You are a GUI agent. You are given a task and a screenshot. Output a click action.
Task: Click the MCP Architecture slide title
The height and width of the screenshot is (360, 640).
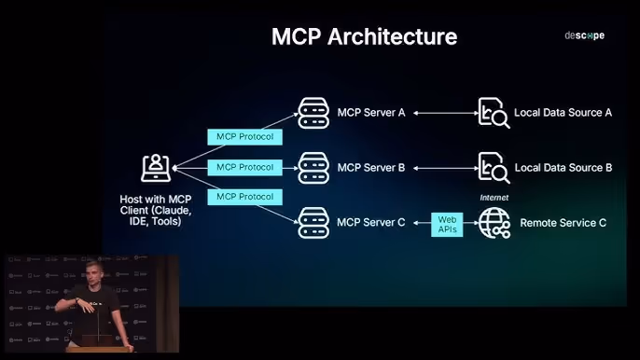tap(364, 36)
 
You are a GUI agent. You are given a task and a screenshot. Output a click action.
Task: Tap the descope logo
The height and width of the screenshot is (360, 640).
tap(584, 35)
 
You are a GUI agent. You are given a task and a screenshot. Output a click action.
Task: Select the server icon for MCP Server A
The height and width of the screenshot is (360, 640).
tap(313, 113)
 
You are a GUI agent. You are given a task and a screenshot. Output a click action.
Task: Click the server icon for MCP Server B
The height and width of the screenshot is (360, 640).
tap(313, 168)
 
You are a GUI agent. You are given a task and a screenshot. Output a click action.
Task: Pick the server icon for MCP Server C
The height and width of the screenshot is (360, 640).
tap(313, 223)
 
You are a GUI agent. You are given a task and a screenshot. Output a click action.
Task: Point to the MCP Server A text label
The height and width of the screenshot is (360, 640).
tap(371, 113)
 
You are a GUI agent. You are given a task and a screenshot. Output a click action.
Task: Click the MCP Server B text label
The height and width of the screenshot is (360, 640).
tap(371, 168)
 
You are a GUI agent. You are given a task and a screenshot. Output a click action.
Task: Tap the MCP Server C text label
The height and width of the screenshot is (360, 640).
tap(371, 223)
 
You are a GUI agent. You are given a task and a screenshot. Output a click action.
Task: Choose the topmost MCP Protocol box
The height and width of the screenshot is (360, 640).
tap(244, 137)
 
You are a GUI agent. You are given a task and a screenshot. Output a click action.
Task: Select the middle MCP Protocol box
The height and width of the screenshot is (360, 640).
tap(244, 167)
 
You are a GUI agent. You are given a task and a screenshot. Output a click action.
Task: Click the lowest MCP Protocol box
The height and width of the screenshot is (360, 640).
tap(244, 197)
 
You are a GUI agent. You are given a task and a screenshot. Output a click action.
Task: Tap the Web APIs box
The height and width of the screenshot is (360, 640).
tap(447, 225)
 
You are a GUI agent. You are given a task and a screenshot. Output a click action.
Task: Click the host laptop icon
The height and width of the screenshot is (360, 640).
tap(156, 168)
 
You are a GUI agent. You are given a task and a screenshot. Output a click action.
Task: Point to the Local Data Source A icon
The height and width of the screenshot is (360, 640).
tap(494, 113)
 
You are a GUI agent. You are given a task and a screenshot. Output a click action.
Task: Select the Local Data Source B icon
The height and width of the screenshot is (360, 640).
tap(494, 168)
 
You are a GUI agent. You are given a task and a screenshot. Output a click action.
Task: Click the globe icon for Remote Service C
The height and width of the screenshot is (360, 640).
tap(494, 223)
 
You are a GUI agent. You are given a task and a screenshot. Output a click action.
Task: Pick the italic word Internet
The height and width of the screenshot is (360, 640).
tap(494, 198)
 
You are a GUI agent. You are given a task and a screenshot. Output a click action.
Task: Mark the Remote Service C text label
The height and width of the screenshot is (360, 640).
tap(563, 223)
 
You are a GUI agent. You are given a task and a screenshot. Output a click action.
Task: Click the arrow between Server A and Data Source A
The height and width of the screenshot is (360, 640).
tap(446, 113)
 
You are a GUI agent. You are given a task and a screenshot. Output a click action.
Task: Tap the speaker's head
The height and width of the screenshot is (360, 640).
tap(93, 273)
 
